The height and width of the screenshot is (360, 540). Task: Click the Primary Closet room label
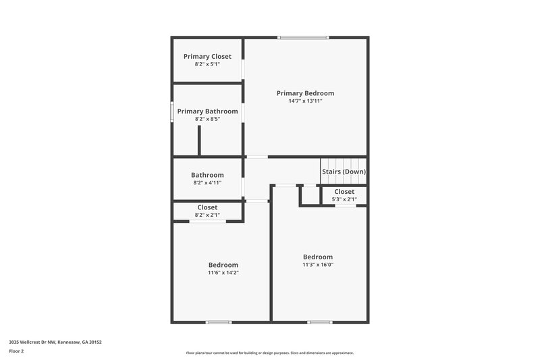point(207,56)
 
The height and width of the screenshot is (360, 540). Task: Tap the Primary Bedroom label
point(305,93)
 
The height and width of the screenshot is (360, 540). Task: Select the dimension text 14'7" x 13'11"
point(305,101)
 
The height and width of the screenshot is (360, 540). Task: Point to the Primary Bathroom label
point(207,111)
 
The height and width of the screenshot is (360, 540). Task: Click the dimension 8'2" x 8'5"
point(207,119)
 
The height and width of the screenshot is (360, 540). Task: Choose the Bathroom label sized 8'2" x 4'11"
point(207,175)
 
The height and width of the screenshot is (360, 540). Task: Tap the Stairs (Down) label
point(344,172)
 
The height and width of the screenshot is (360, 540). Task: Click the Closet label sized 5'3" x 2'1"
point(344,192)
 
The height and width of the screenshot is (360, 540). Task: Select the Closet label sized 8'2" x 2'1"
point(207,207)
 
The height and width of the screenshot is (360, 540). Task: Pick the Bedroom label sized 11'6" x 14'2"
point(223,265)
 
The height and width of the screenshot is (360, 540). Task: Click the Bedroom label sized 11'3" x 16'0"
point(317,257)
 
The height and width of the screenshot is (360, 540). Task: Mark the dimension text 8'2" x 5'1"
point(207,64)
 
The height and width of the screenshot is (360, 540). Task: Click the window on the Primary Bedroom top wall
point(304,37)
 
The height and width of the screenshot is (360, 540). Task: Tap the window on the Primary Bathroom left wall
point(172,111)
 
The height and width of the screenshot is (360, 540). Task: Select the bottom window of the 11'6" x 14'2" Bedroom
point(219,322)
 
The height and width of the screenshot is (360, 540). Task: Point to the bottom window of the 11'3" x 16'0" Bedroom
point(319,322)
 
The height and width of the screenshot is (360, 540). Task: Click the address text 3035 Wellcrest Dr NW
point(55,342)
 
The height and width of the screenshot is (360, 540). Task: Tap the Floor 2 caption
point(16,351)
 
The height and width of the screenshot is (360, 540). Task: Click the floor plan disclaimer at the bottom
point(269,353)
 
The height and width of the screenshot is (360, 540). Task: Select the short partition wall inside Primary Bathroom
point(200,140)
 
